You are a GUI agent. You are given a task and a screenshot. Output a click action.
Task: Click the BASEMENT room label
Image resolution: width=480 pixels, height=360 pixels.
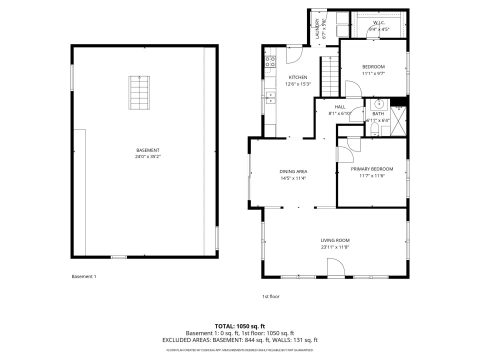(x=148, y=150)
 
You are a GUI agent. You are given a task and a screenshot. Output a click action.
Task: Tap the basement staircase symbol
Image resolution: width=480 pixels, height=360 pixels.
(x=139, y=92)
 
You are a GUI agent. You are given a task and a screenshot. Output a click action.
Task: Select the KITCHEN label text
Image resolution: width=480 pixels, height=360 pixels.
(x=298, y=77)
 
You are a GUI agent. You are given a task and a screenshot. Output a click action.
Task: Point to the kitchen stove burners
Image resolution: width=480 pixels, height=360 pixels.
(x=270, y=61)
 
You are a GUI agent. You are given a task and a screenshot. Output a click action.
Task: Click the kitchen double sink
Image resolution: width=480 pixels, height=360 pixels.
(x=270, y=97)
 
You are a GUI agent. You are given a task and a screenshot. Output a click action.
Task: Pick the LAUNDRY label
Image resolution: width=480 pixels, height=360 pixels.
(x=317, y=29)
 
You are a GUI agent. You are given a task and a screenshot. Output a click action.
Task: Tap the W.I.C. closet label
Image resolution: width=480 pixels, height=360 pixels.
(x=379, y=22)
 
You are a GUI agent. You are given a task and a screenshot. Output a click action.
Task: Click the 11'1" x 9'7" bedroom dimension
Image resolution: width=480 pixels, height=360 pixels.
(x=373, y=73)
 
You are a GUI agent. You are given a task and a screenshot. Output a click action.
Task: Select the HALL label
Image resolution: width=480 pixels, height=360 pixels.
(x=340, y=107)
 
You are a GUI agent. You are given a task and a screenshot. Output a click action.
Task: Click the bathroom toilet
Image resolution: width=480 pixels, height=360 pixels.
(x=375, y=130)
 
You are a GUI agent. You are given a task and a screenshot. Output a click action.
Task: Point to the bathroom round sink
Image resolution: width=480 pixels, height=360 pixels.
(x=379, y=104)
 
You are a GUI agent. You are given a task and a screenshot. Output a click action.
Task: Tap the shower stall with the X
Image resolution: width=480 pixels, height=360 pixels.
(x=398, y=121)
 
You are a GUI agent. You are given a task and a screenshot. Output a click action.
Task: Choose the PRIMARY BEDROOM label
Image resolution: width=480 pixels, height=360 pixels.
(x=372, y=169)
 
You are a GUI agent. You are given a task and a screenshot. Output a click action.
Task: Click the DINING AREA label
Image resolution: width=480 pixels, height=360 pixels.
(x=293, y=171)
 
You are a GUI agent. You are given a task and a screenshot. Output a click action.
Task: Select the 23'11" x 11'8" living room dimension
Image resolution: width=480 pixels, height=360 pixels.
(x=335, y=247)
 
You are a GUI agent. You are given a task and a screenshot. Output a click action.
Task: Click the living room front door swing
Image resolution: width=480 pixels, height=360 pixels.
(x=336, y=267)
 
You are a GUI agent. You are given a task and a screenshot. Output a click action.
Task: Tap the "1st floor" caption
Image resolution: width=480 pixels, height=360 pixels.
(x=271, y=296)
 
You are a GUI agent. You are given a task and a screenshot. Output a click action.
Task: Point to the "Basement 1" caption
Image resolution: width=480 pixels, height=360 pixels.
(x=84, y=276)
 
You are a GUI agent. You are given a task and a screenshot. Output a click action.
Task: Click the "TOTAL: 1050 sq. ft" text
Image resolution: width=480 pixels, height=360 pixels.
(x=240, y=326)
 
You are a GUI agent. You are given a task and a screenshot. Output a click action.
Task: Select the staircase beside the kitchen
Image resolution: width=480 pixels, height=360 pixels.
(x=329, y=76)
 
